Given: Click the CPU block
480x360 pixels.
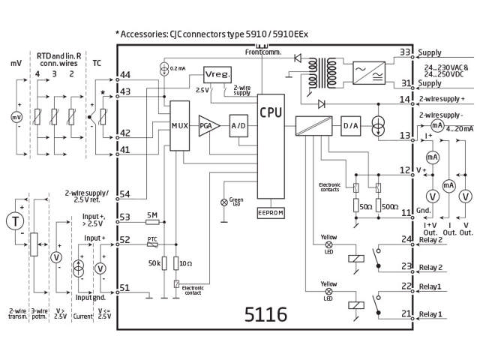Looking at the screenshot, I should coord(271,112).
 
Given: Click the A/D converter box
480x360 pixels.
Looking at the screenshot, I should coord(238,125).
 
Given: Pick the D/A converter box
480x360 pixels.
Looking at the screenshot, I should coord(351,126).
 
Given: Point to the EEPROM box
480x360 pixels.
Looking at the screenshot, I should coord(271,213).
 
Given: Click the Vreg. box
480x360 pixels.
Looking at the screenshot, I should coord(217,75).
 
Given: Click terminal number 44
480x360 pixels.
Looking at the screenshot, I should coord(124,75).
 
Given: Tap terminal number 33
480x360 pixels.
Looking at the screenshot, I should coord(406,52).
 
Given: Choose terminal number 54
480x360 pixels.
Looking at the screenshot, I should coord(124,194).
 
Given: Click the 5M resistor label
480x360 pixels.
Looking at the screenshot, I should coord(151,216).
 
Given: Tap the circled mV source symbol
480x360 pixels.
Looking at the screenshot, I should coord(16,117).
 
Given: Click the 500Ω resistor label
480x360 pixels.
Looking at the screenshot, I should coord(389,205).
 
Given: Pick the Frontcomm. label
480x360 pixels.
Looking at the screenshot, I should coord(262,51).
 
